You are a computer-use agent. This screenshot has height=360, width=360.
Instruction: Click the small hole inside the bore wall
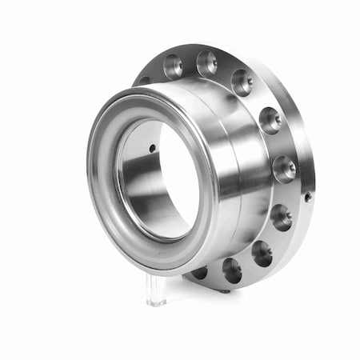coord(152,148)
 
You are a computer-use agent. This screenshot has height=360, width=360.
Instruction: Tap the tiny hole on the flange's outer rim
coord(307,196)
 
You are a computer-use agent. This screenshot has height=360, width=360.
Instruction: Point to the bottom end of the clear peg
coord(156,303)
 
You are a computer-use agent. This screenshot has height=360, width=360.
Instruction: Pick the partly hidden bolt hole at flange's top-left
coord(145,80)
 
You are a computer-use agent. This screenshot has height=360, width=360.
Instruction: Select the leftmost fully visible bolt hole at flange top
coord(174,66)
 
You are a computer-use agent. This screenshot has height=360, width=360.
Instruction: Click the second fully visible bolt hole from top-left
coord(207,62)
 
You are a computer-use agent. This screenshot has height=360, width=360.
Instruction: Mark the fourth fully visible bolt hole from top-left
coord(270,121)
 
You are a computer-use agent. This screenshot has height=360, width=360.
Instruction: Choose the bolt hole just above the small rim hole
coord(284,169)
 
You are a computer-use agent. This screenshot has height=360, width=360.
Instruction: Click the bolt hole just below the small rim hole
coord(281,217)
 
